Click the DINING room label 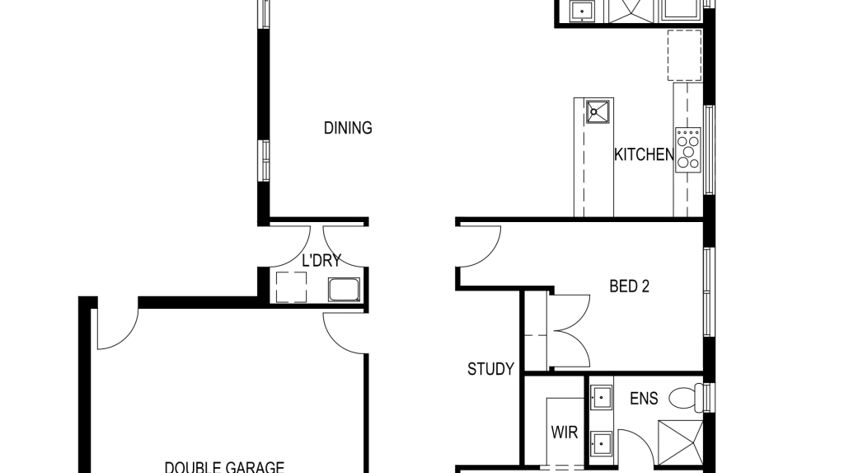348,128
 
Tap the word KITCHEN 644,154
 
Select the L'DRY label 321,261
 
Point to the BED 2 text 629,286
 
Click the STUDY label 490,369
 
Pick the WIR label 564,433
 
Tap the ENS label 644,399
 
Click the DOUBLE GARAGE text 224,466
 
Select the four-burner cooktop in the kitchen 687,149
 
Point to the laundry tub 343,289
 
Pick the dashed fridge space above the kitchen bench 684,54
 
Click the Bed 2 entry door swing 480,245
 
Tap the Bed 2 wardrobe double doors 570,330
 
